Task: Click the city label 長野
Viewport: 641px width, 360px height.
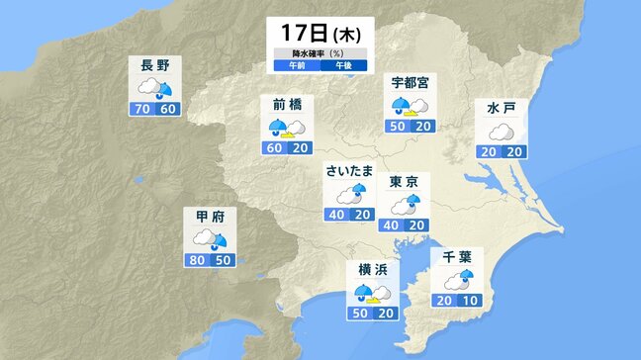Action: click(155, 65)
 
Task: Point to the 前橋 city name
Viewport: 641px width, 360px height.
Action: click(288, 104)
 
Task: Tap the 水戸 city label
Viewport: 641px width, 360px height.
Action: click(502, 107)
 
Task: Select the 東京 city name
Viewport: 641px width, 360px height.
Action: click(404, 181)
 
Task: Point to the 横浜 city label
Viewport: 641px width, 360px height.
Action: click(372, 268)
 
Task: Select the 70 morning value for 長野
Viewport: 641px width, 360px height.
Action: click(141, 108)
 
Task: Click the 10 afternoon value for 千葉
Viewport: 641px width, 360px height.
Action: click(470, 302)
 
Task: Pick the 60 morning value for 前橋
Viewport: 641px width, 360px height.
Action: click(276, 147)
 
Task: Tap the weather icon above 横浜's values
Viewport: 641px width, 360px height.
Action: click(372, 292)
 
